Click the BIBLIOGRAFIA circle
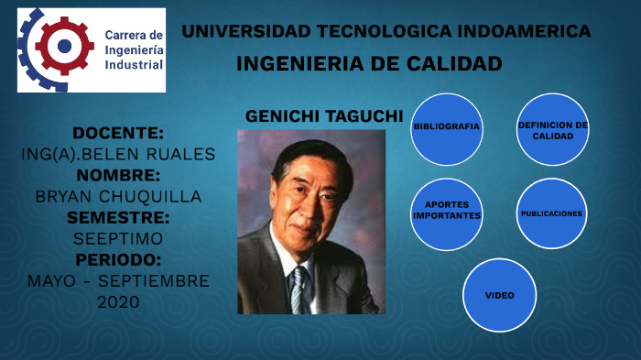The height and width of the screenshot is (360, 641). [447, 127]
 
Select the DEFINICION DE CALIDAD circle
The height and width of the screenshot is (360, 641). [552, 129]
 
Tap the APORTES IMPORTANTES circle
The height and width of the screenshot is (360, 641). [447, 213]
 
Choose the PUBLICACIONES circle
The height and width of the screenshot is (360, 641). [552, 213]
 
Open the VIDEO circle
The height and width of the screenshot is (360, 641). [500, 296]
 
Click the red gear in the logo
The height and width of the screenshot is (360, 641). [63, 45]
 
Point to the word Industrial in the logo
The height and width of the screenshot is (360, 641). [134, 65]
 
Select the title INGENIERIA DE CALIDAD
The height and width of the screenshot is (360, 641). [369, 64]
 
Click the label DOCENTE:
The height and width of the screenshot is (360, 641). [118, 133]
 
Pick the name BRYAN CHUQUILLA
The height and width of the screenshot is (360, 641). [118, 196]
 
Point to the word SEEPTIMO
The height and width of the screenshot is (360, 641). [118, 238]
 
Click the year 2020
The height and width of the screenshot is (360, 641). [118, 301]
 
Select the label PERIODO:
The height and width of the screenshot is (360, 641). [118, 259]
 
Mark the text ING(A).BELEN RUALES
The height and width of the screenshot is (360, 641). [118, 154]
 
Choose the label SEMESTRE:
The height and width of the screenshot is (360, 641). [118, 217]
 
